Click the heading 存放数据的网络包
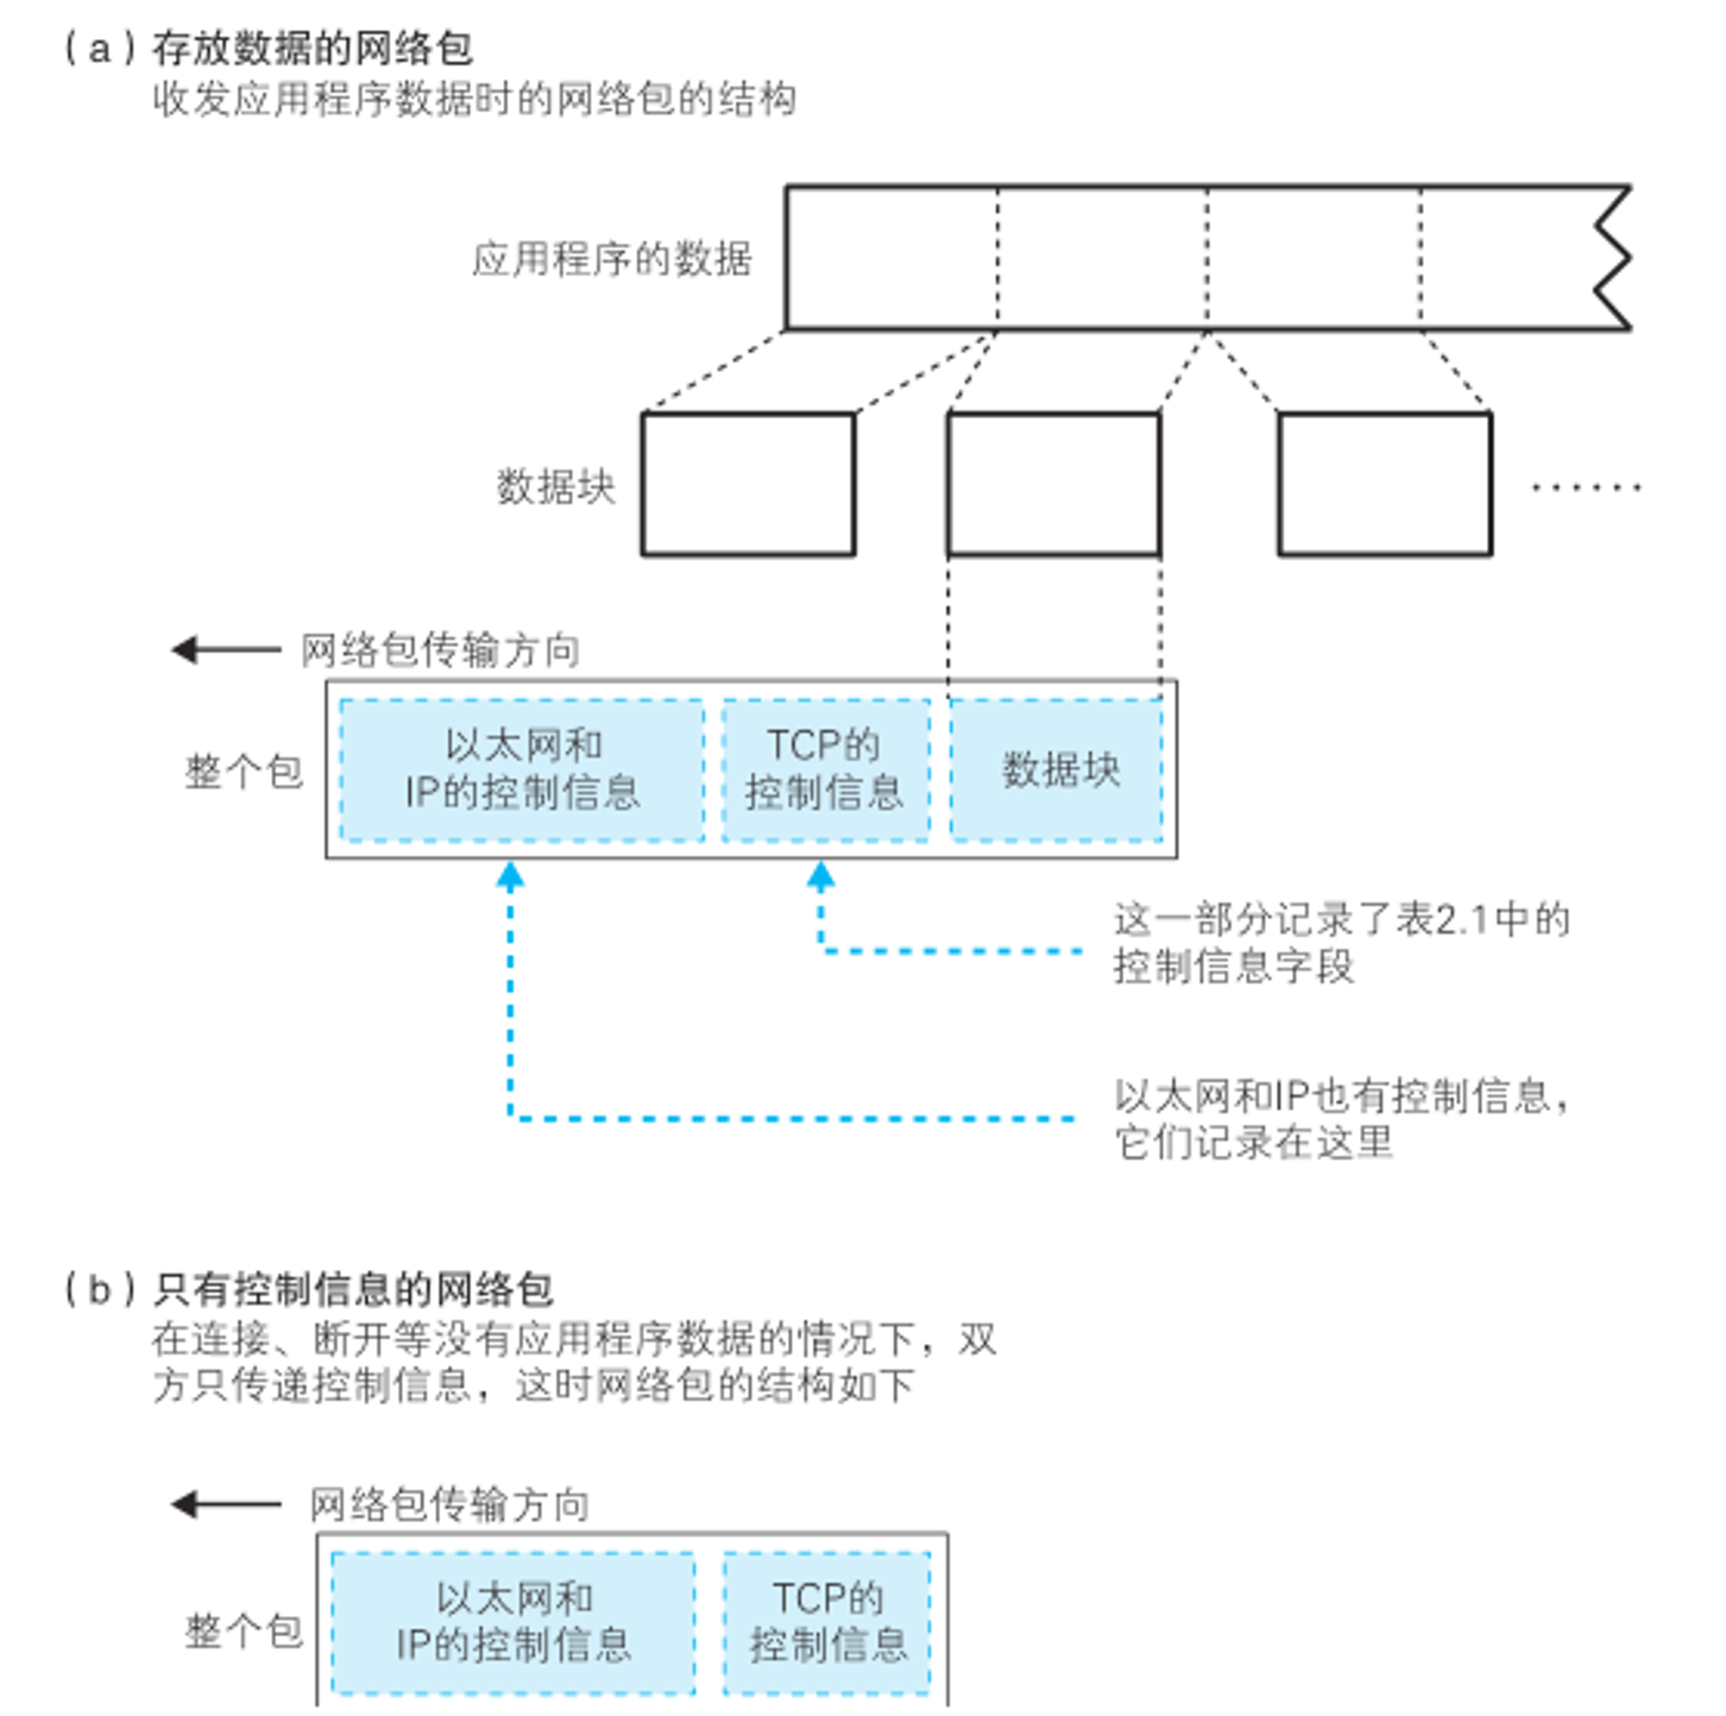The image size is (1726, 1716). point(312,47)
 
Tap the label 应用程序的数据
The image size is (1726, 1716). point(612,259)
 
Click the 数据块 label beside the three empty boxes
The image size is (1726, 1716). point(556,487)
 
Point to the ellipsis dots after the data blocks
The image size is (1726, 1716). point(1587,487)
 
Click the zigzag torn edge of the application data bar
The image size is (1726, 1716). point(1614,259)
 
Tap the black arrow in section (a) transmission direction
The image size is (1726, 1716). point(226,650)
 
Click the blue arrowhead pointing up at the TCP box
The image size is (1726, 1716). point(821,877)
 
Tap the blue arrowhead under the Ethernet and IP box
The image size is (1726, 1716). point(510,877)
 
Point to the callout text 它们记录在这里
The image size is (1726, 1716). point(1253,1142)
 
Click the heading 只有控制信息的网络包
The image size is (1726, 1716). point(353,1289)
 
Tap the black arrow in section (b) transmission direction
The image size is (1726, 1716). point(226,1505)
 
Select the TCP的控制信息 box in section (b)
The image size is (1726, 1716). point(828,1624)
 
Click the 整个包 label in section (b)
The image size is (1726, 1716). point(244,1631)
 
